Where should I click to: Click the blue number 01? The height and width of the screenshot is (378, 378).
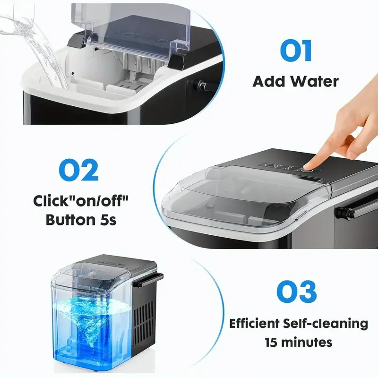pyautogui.click(x=295, y=51)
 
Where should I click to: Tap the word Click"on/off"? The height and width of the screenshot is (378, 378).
pyautogui.click(x=81, y=201)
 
